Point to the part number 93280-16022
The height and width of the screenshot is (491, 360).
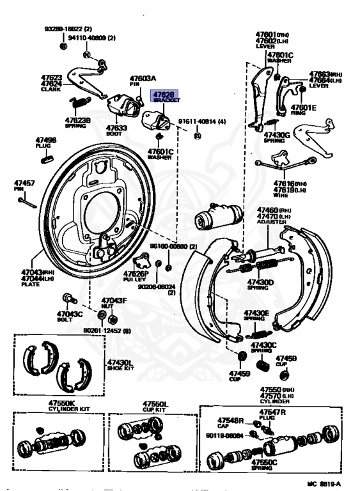pyautogui.click(x=67, y=29)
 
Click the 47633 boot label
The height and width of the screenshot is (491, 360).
pyautogui.click(x=116, y=127)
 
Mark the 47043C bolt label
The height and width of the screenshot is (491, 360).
pyautogui.click(x=70, y=315)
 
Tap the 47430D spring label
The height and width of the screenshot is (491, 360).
pyautogui.click(x=262, y=283)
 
